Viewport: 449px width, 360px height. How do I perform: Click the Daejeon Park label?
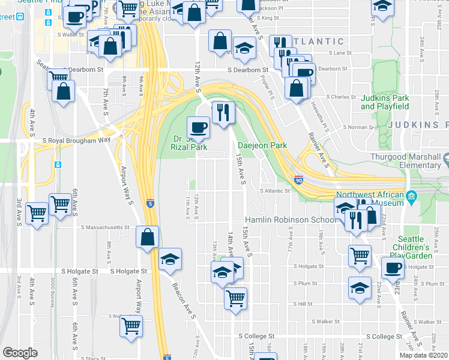(262, 145)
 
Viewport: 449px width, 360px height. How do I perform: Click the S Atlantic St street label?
(275, 191)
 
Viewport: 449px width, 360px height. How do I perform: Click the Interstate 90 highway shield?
(298, 179)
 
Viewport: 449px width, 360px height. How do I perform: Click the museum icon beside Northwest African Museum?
(411, 196)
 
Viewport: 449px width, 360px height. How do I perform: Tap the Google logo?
(20, 353)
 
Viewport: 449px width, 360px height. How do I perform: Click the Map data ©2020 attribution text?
(423, 355)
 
